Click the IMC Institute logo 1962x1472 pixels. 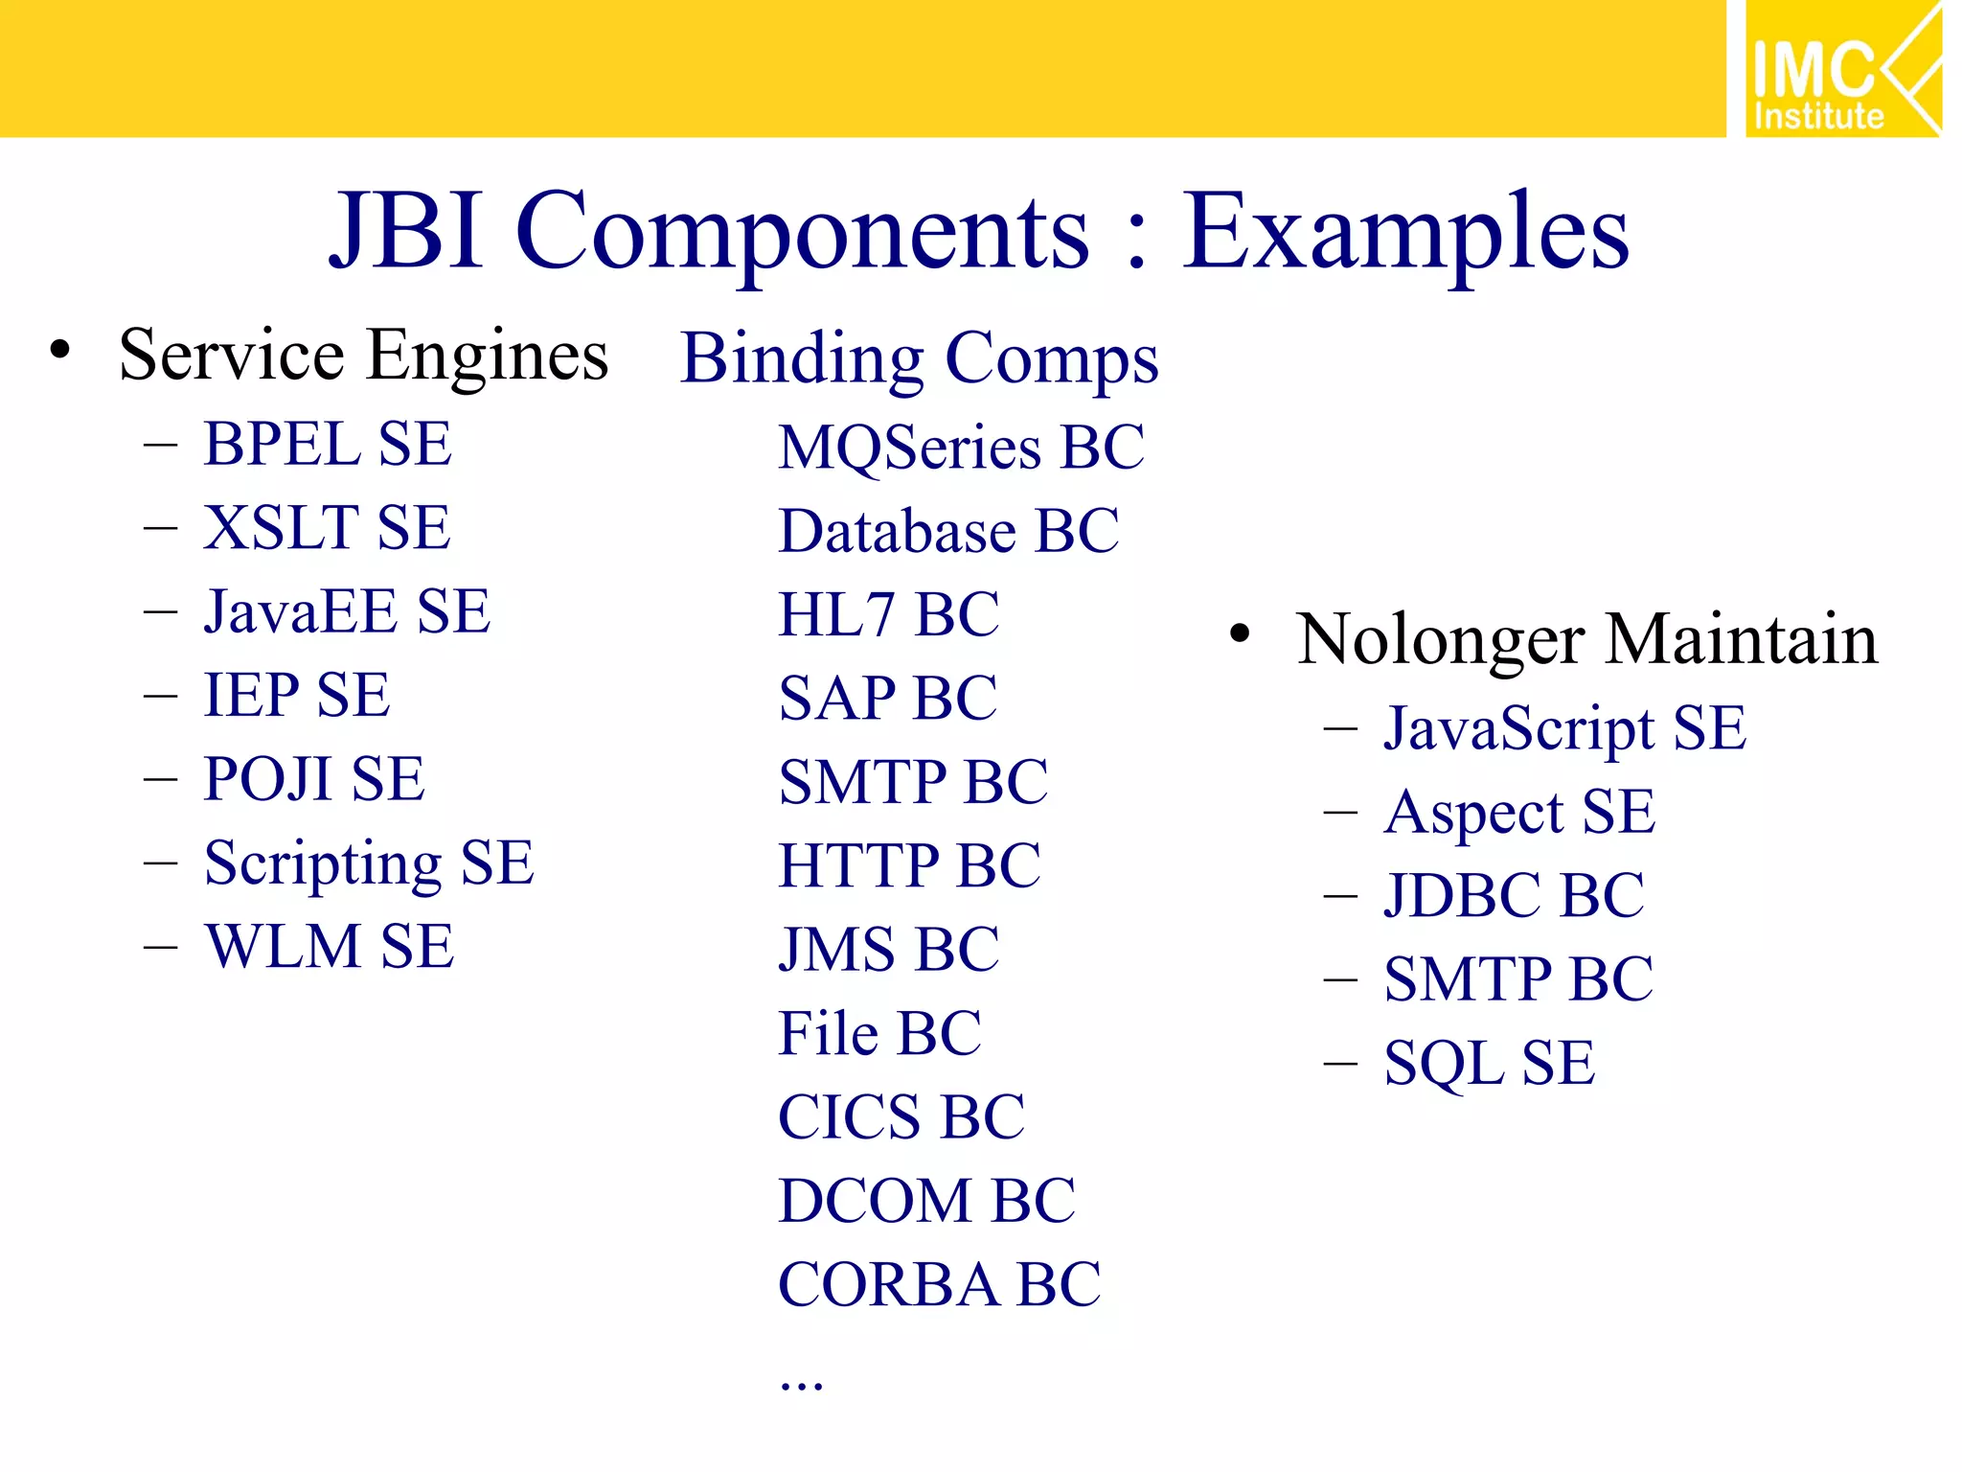click(1841, 69)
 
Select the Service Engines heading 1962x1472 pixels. click(363, 356)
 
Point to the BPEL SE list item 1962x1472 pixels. click(328, 445)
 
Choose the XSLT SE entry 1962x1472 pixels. click(327, 528)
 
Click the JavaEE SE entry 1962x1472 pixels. click(347, 612)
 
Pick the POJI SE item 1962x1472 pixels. click(314, 779)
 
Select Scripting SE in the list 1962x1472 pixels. click(369, 862)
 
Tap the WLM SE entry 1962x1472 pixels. click(330, 947)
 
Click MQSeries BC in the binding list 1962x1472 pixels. click(961, 448)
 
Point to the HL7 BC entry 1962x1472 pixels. click(888, 614)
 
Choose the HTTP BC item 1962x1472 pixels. click(909, 866)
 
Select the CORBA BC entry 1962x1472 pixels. click(939, 1285)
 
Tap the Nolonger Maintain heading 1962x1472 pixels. click(1586, 639)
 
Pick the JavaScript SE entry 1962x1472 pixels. click(1564, 729)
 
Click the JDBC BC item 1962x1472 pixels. click(1514, 896)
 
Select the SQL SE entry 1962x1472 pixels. click(1490, 1064)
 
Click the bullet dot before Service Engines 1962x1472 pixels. click(60, 351)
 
